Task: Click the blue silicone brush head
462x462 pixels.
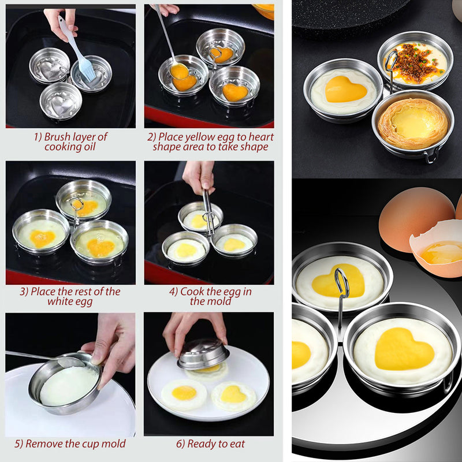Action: click(x=86, y=69)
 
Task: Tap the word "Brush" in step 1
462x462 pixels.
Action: click(x=57, y=137)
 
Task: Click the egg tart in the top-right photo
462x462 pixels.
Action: click(x=413, y=124)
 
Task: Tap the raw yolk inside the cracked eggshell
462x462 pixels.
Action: click(x=442, y=252)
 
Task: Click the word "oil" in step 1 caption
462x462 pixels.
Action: click(x=90, y=147)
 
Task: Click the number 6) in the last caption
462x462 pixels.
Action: click(x=181, y=444)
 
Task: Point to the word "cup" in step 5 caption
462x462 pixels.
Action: click(x=90, y=444)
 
